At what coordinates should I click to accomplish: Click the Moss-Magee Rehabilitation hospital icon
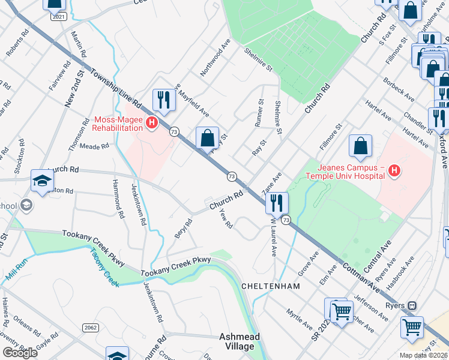click(x=152, y=124)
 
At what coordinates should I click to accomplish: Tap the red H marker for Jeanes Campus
click(x=394, y=172)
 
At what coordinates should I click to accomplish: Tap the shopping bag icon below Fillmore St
click(x=360, y=146)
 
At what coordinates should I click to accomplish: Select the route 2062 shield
click(x=91, y=327)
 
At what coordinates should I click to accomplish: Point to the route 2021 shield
click(x=59, y=17)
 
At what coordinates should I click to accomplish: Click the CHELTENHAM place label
click(x=270, y=286)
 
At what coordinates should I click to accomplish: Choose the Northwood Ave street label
click(x=215, y=58)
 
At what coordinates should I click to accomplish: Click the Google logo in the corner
click(x=20, y=353)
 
